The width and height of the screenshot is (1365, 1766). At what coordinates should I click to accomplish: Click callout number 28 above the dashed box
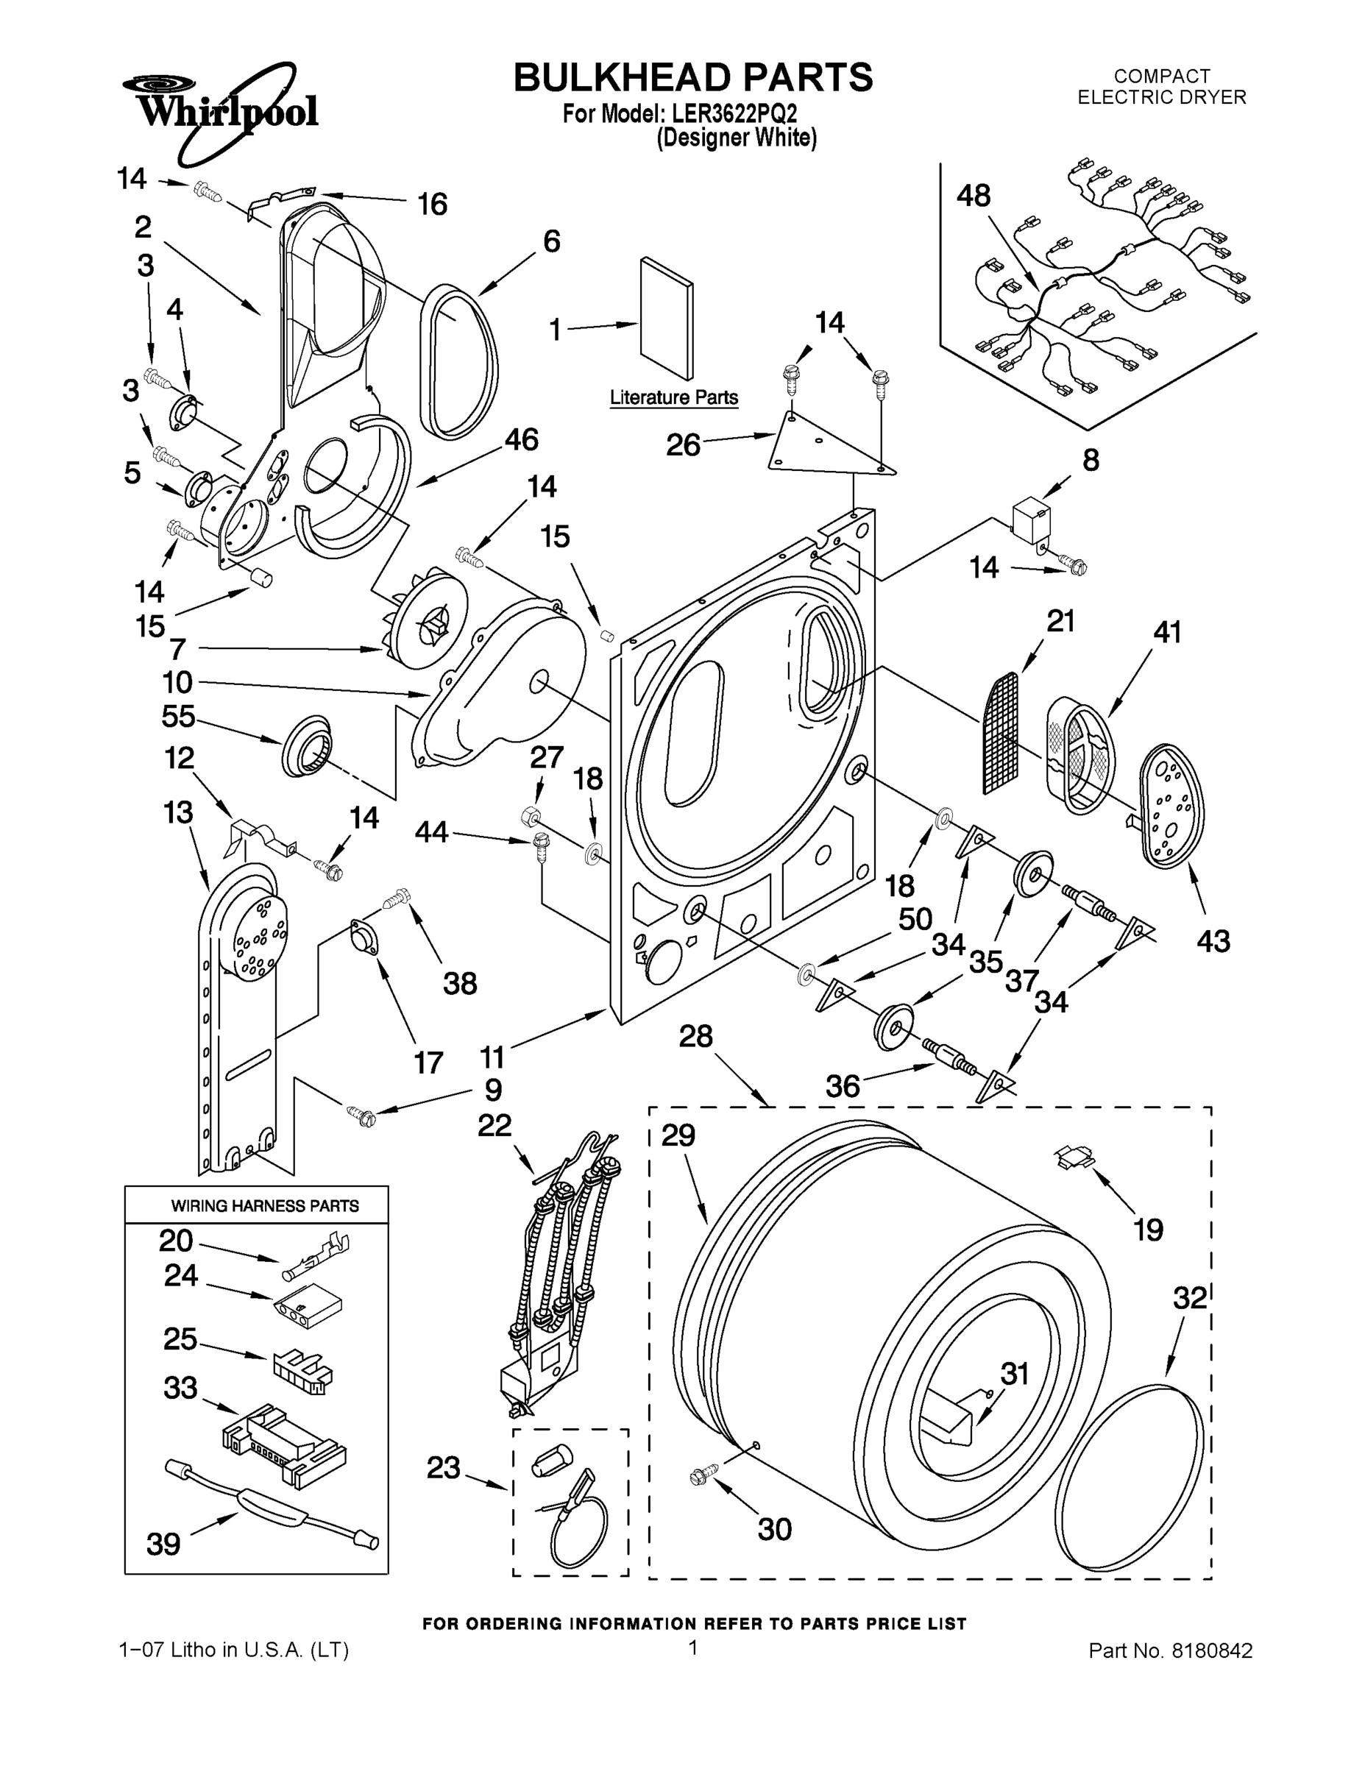tap(695, 1036)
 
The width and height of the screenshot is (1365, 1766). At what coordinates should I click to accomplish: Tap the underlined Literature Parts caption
tap(673, 398)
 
